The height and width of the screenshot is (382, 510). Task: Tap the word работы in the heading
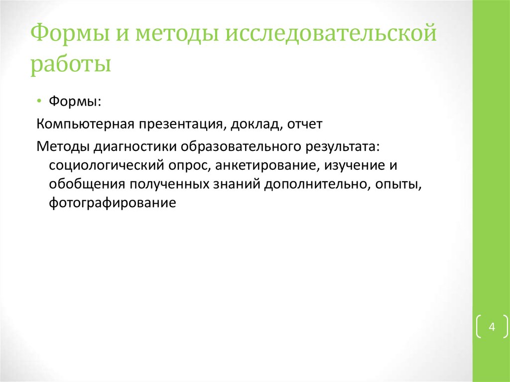point(70,65)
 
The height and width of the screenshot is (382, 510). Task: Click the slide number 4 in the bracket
point(492,327)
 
